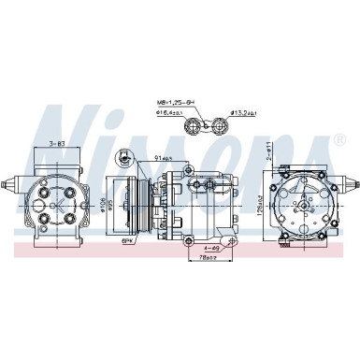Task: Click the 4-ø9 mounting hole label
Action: pyautogui.click(x=211, y=248)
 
